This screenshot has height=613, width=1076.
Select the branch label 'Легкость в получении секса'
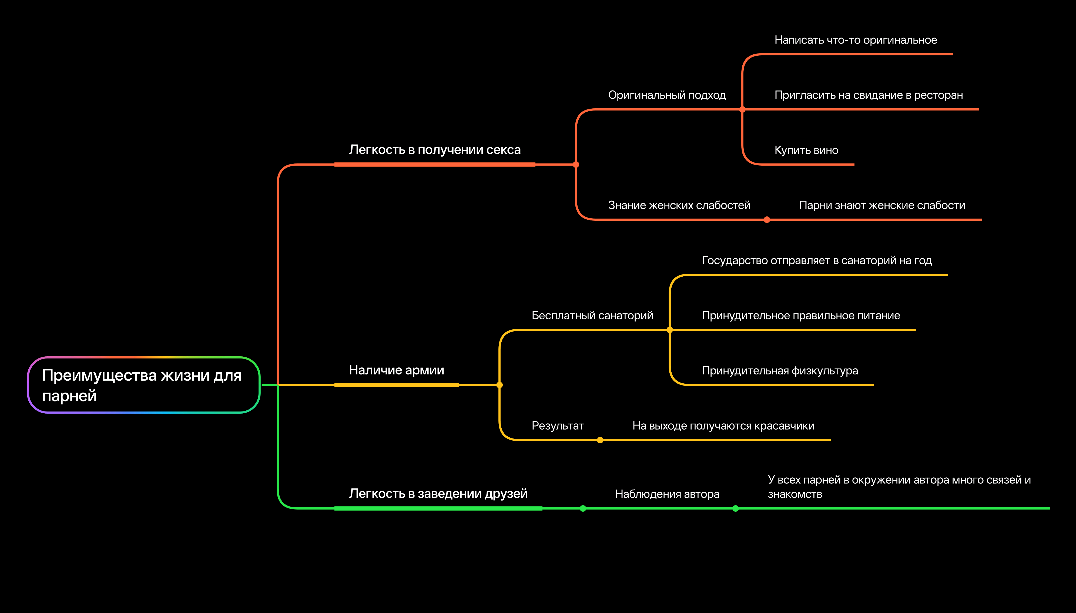coord(434,150)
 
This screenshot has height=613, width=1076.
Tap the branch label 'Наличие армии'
coord(396,370)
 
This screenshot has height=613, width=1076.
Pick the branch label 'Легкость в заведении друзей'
coord(438,493)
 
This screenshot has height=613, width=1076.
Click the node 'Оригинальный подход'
coord(667,95)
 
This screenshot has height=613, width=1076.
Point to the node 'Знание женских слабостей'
coord(679,205)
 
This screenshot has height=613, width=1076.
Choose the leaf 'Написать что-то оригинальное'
coord(855,40)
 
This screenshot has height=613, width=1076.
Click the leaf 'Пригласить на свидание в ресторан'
coord(869,95)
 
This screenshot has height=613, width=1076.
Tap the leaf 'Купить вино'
coord(806,150)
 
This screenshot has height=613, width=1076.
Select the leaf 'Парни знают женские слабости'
coord(882,205)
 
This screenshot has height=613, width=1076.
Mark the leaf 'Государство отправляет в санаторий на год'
coord(816,261)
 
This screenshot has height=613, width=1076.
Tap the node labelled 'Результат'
coord(558,426)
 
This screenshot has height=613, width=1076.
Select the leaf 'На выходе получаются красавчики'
coord(723,426)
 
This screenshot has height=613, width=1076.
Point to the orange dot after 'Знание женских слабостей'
coord(767,220)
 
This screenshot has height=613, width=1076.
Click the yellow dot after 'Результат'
coord(600,440)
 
